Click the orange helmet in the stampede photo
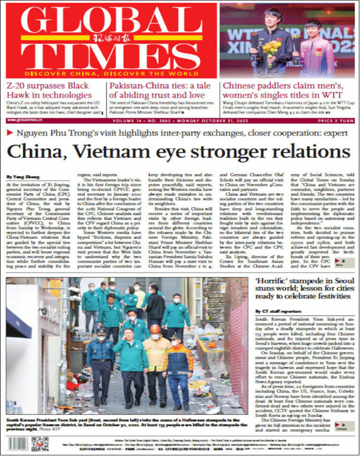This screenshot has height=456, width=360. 155,328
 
